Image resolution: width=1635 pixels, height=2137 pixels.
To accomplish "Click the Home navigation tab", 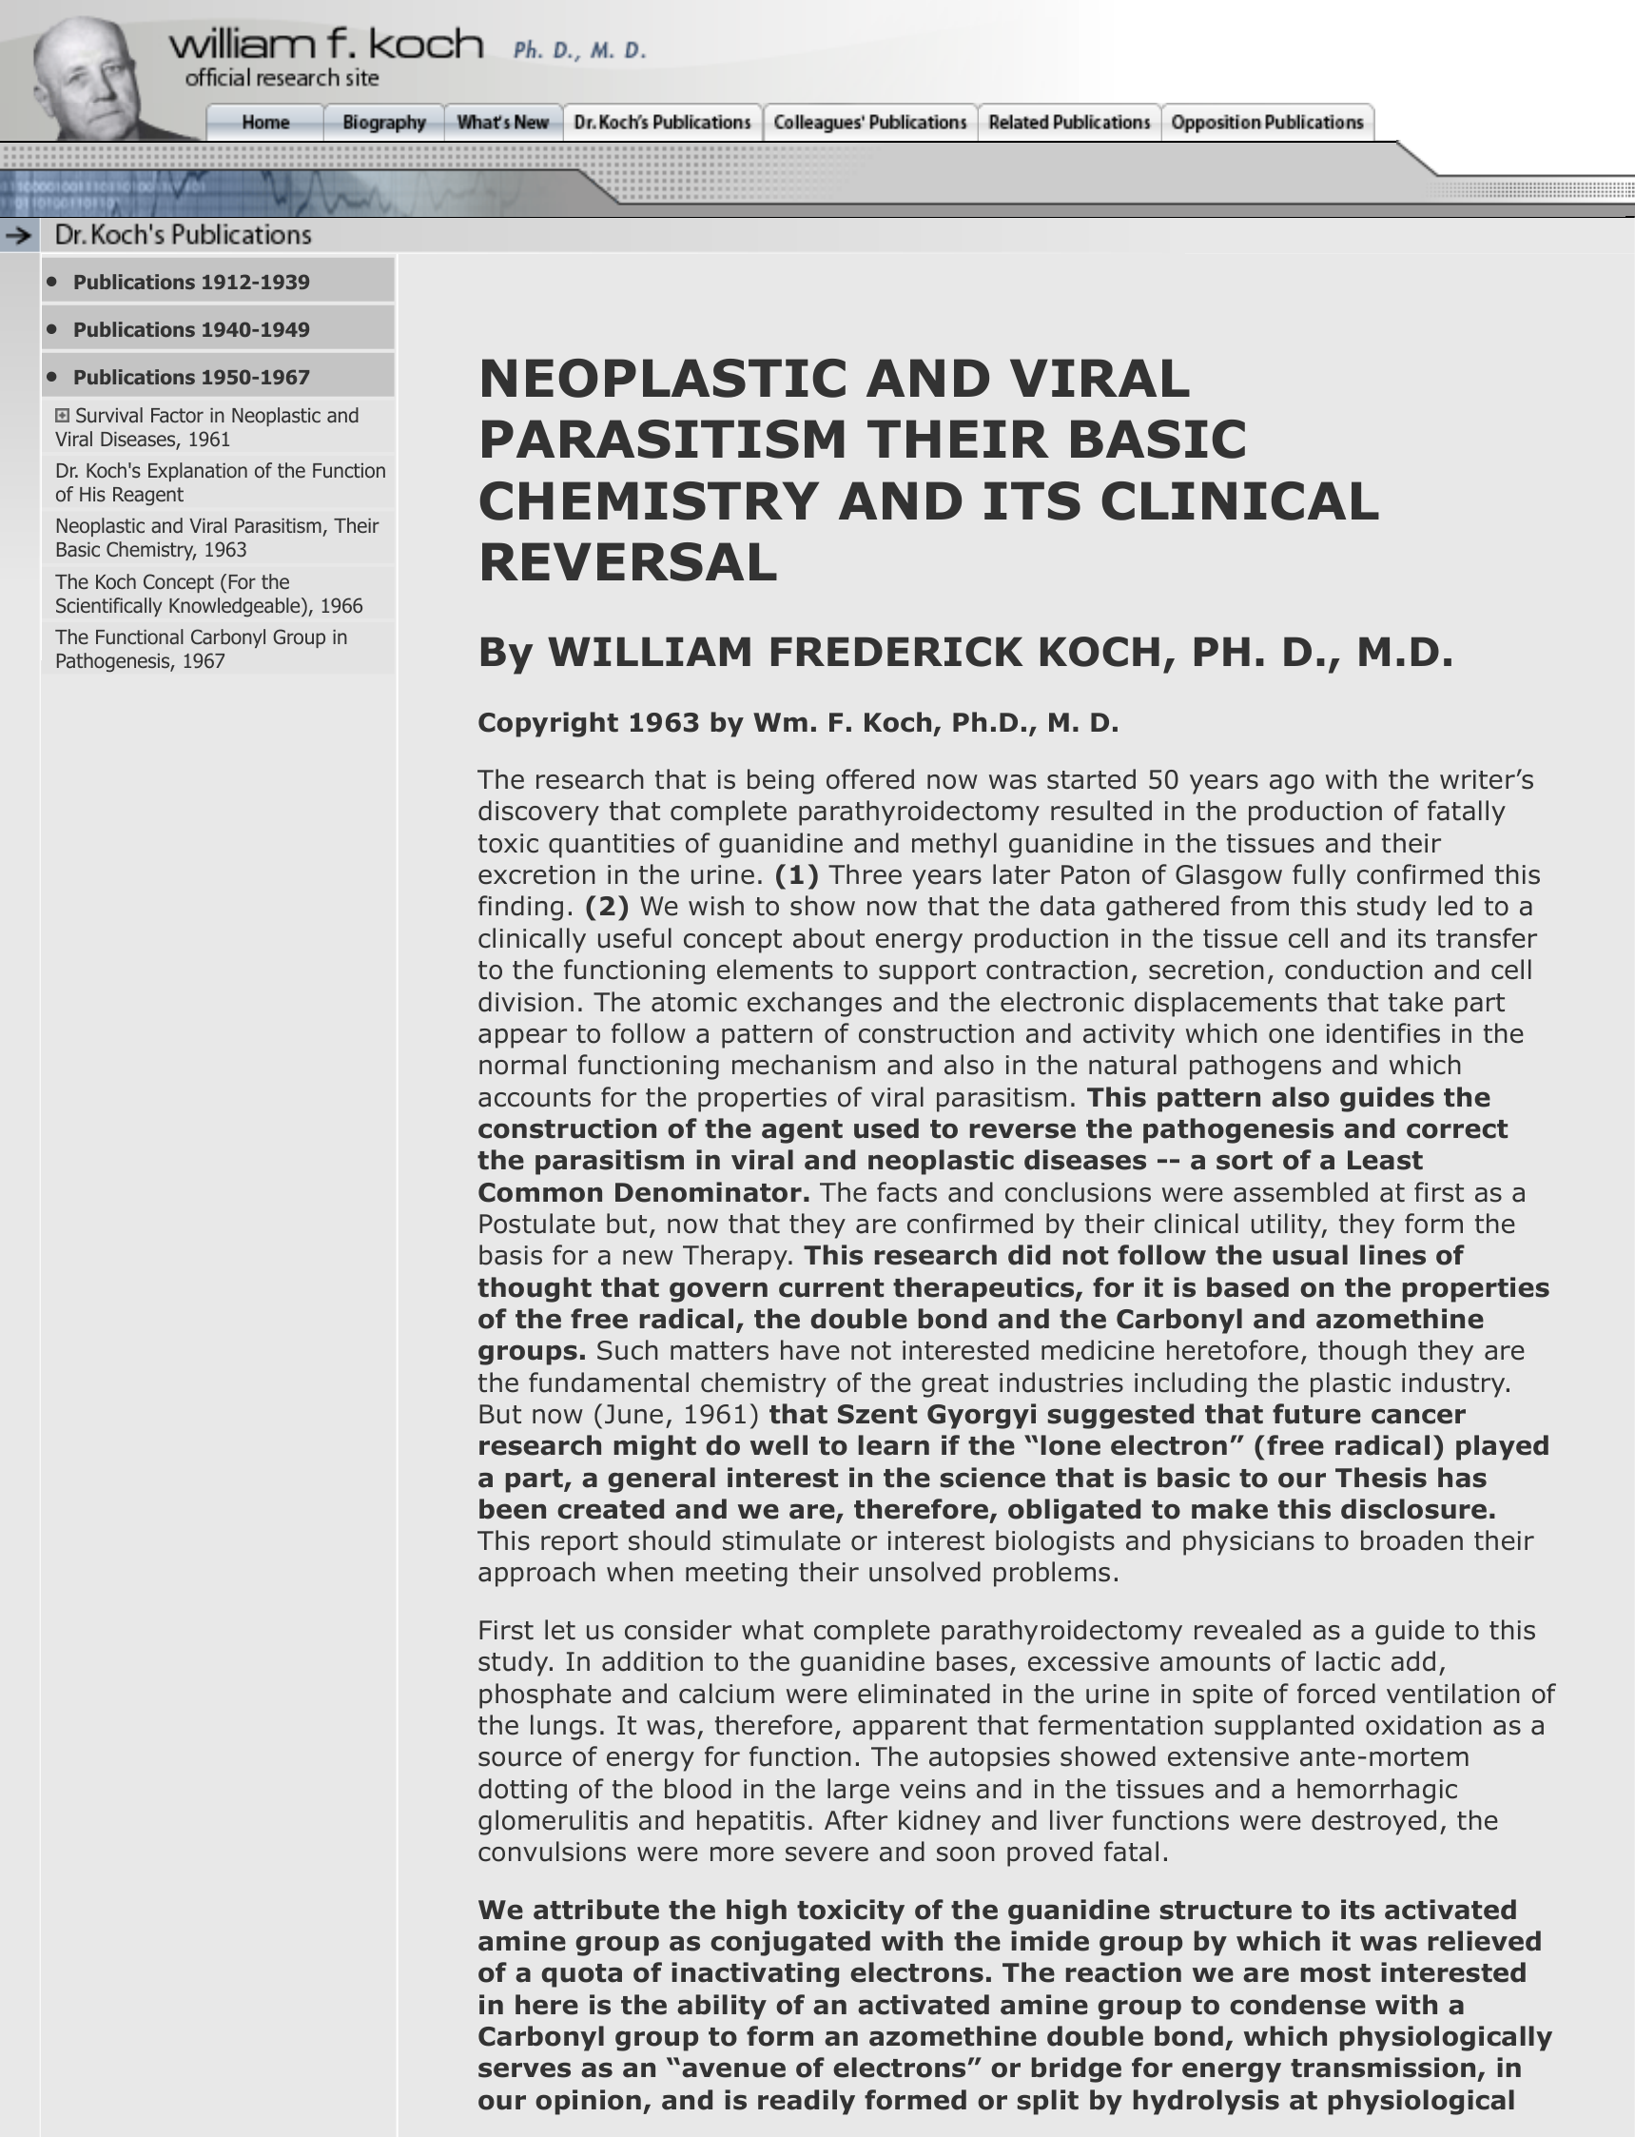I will (x=264, y=123).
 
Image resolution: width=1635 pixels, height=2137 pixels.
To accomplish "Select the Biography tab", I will (x=383, y=123).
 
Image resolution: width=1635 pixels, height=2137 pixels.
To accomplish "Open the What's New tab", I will (x=502, y=123).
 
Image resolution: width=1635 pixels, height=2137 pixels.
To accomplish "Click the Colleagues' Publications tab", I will (x=869, y=123).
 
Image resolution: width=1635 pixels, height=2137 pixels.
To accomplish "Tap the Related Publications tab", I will (x=1068, y=123).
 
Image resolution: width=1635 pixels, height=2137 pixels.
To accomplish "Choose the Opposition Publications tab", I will (x=1266, y=123).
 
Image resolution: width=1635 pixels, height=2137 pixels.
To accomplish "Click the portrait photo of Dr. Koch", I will (x=88, y=78).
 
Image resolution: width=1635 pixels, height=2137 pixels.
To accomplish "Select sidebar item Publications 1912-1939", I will (x=191, y=283).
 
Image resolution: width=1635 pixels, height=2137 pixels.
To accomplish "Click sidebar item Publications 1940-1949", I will (x=191, y=330).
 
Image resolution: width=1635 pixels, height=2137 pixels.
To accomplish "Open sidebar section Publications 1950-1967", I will (x=191, y=378).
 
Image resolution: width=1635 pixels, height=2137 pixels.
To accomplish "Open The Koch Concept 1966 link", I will (x=208, y=594).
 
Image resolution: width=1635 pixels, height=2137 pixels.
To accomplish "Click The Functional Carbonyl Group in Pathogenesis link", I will (x=201, y=649).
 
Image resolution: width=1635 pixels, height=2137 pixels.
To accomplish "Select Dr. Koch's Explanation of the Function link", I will (x=220, y=483).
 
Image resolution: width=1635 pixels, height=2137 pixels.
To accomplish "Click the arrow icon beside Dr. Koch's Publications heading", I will (x=18, y=235).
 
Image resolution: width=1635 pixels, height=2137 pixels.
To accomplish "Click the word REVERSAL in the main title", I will (x=628, y=562).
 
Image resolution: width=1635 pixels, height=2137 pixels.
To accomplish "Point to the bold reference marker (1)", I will (x=796, y=875).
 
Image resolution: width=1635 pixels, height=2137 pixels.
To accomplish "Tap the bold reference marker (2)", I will (x=606, y=907).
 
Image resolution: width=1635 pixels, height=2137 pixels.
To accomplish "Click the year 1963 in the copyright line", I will (x=663, y=722).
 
